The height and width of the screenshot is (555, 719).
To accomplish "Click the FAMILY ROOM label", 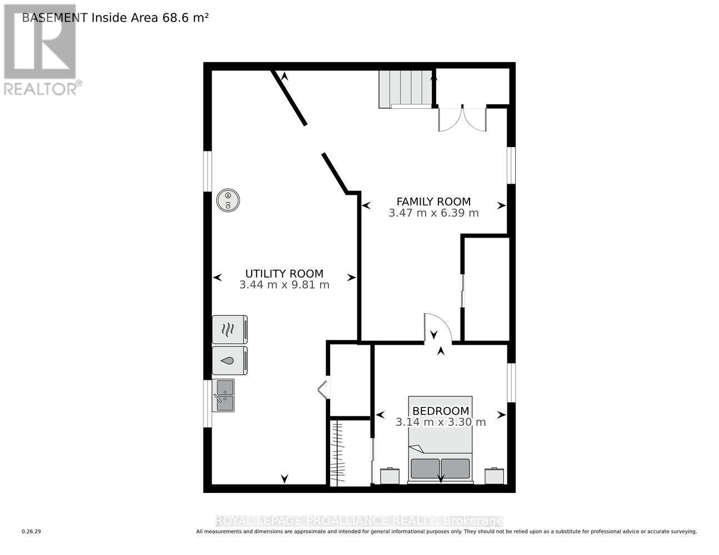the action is click(x=433, y=201).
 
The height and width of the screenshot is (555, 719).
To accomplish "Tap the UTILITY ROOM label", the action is click(x=284, y=274).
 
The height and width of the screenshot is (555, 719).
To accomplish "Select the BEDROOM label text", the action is click(x=441, y=411).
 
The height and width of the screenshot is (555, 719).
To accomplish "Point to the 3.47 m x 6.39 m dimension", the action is click(x=433, y=213).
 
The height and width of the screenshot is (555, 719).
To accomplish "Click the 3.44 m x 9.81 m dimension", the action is click(x=284, y=285).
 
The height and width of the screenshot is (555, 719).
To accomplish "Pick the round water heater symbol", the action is click(x=228, y=200).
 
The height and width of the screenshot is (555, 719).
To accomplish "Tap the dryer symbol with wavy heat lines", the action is click(x=229, y=330).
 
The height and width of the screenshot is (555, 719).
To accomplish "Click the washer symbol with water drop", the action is click(x=229, y=360).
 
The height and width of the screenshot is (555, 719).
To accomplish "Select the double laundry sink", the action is click(x=223, y=395).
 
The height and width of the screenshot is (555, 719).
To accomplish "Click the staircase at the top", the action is click(x=406, y=89).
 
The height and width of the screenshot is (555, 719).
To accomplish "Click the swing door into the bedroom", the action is click(x=437, y=327).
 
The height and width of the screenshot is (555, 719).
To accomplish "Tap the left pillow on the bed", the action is click(x=425, y=468).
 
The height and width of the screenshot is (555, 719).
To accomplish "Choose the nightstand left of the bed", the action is click(x=390, y=476).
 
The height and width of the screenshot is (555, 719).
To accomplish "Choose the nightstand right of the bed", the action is click(x=495, y=476).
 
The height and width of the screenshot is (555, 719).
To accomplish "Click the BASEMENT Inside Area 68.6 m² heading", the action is click(x=115, y=18).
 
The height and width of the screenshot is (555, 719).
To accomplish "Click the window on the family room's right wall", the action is click(x=512, y=165).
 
